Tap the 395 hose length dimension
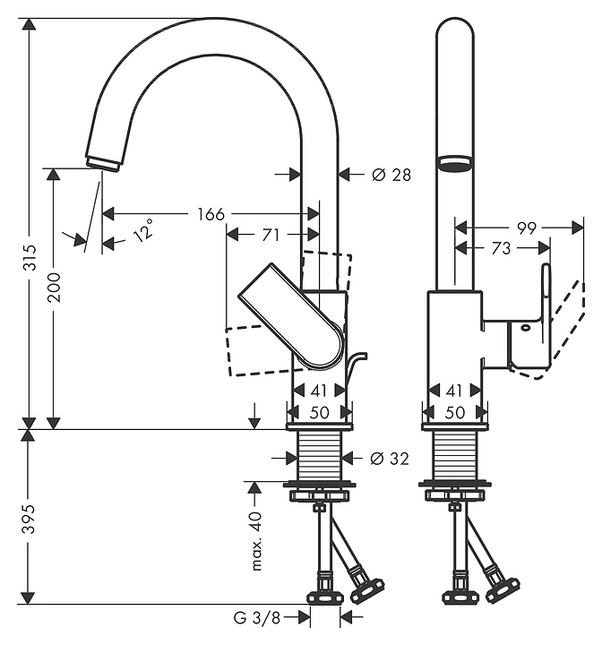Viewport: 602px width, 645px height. pyautogui.click(x=30, y=517)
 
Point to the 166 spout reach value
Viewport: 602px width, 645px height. pyautogui.click(x=211, y=214)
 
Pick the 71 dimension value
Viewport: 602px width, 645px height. pyautogui.click(x=271, y=235)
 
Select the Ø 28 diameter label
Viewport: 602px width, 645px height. pyautogui.click(x=391, y=175)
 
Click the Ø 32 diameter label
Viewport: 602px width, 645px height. pyautogui.click(x=390, y=459)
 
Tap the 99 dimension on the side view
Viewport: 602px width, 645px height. pyautogui.click(x=526, y=228)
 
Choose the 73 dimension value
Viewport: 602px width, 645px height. pyautogui.click(x=501, y=249)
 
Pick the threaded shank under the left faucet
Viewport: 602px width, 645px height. pyautogui.click(x=320, y=458)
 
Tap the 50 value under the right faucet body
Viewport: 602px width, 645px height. pyautogui.click(x=455, y=412)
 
